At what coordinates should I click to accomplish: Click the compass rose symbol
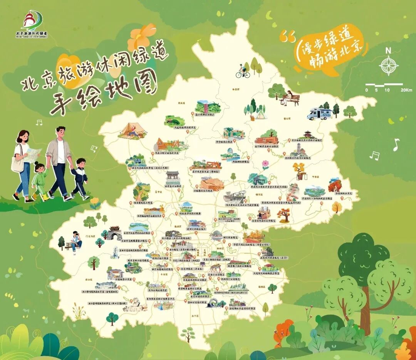click(x=389, y=65)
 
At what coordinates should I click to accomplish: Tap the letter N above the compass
click(x=389, y=50)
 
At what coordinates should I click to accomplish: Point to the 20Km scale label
click(x=406, y=90)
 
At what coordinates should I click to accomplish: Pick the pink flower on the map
click(x=265, y=165)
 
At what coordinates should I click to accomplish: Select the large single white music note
click(x=396, y=145)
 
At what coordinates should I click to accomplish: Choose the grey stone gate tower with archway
click(x=114, y=233)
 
